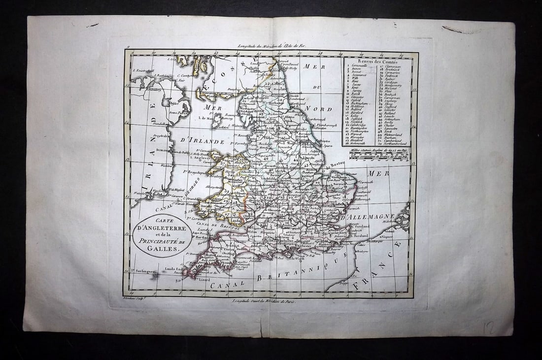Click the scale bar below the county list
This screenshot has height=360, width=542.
pyautogui.click(x=379, y=155)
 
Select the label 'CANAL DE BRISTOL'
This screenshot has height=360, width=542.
pyautogui.click(x=221, y=225)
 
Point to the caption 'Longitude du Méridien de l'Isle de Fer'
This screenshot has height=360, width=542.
pyautogui.click(x=271, y=46)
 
